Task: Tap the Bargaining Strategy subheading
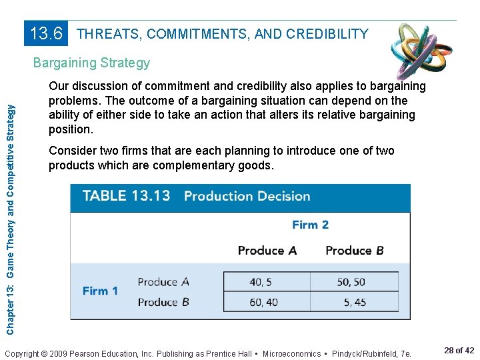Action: pyautogui.click(x=91, y=63)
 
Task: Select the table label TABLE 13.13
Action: pyautogui.click(x=126, y=196)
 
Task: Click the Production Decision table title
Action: pyautogui.click(x=247, y=196)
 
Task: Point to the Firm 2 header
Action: pyautogui.click(x=310, y=225)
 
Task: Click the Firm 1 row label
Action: pyautogui.click(x=100, y=291)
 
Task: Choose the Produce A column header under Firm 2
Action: pyautogui.click(x=267, y=251)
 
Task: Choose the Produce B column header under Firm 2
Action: pyautogui.click(x=354, y=251)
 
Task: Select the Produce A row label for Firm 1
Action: pyautogui.click(x=163, y=282)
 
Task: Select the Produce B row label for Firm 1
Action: pyautogui.click(x=163, y=302)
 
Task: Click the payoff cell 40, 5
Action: pyautogui.click(x=260, y=282)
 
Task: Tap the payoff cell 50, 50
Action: pyautogui.click(x=351, y=282)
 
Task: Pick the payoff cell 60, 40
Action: pyautogui.click(x=263, y=302)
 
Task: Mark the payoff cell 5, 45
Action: pyautogui.click(x=355, y=302)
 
